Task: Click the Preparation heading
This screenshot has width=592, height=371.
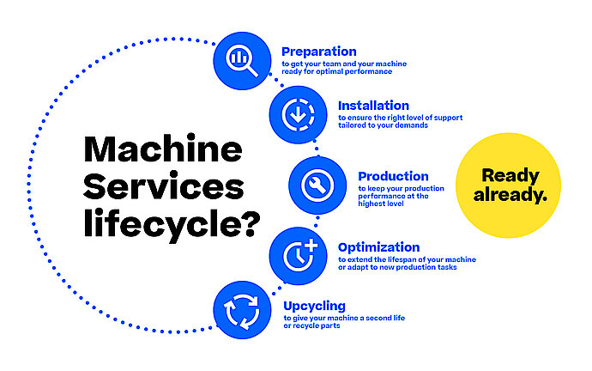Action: point(318,52)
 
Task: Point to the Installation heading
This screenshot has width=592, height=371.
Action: point(373,106)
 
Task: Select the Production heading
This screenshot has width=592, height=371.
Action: point(393,176)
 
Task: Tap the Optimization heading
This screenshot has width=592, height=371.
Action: point(378,247)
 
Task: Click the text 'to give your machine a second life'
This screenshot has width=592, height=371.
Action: point(343,319)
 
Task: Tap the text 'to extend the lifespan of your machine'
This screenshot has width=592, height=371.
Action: point(407,259)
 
